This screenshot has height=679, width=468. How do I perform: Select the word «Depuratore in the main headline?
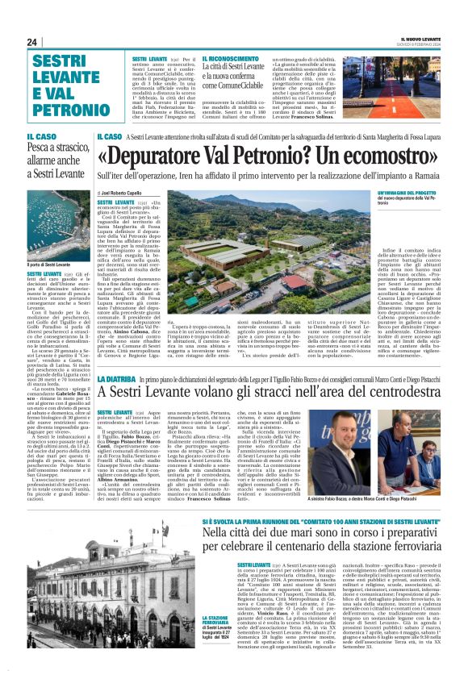[x=165, y=156]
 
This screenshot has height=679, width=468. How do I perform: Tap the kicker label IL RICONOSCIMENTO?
[x=231, y=60]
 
